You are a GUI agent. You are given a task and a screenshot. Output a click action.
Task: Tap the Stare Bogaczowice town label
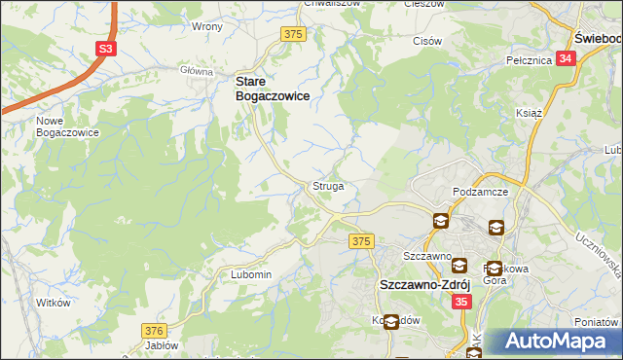click(275, 90)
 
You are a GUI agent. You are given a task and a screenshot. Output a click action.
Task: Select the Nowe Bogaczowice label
click(67, 126)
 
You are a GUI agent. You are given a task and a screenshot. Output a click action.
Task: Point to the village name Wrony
click(207, 26)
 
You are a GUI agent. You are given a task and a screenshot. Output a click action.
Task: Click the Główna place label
click(197, 71)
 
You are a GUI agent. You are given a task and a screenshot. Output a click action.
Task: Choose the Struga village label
click(327, 185)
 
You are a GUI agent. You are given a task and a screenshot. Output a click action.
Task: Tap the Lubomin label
click(251, 274)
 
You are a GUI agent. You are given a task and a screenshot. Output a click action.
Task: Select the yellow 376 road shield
click(153, 331)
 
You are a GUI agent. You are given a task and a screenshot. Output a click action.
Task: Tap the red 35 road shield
click(462, 303)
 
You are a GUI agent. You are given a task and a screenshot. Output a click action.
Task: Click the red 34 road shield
click(567, 58)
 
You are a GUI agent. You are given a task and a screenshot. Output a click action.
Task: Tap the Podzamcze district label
click(482, 193)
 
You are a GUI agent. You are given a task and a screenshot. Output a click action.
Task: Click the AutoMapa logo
click(558, 342)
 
